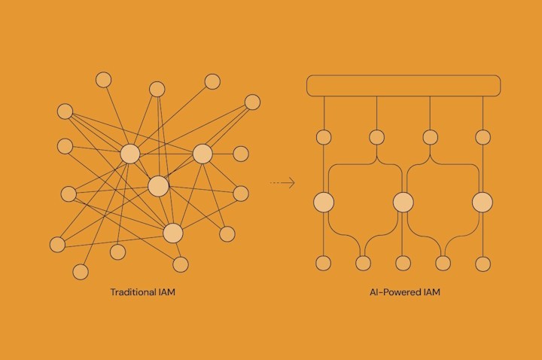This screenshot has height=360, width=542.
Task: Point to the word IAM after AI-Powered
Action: coord(430,291)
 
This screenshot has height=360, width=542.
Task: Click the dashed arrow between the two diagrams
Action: coord(282,183)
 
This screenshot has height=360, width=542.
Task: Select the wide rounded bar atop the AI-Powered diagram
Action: coord(403,85)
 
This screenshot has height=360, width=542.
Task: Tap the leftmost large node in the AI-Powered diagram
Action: coord(324,202)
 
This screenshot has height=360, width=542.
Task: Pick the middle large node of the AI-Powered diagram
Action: coord(403,202)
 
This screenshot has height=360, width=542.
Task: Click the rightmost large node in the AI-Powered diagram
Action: coord(483,202)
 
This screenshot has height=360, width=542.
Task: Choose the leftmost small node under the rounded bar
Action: coord(324,137)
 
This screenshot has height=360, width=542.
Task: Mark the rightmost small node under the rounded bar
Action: coord(483,137)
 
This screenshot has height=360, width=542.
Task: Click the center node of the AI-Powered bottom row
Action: coord(403,263)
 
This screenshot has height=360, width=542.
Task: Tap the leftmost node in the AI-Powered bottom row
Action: coord(324,263)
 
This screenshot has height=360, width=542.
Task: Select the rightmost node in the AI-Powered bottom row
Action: coord(483,263)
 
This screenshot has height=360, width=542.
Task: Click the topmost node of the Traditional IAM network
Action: coord(103,80)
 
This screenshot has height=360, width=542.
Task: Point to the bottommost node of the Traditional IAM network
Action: coord(81,272)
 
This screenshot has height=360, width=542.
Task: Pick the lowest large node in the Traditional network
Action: coord(173,233)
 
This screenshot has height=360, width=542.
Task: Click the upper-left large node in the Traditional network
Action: coord(130,154)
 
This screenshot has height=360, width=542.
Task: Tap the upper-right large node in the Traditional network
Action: coord(202,154)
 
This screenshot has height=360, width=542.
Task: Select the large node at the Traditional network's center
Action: coord(158,186)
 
